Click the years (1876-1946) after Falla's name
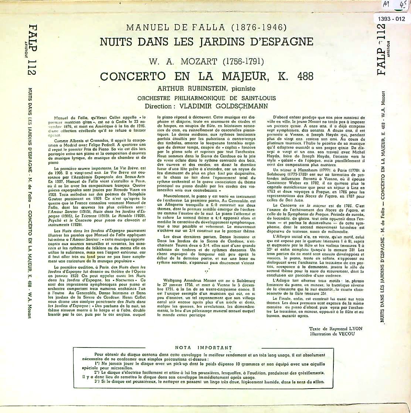pyautogui.click(x=257, y=27)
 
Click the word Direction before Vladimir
pyautogui.click(x=159, y=105)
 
